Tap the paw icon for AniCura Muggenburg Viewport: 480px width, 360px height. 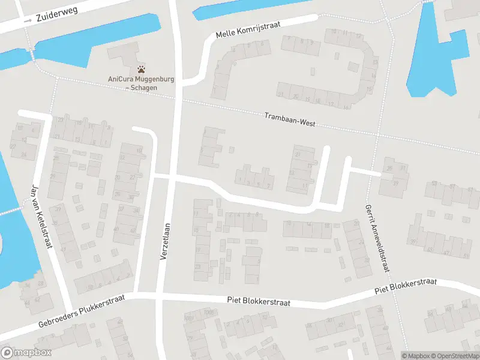[141, 70]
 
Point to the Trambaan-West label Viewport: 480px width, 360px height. [290, 120]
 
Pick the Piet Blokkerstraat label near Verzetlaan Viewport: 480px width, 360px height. [258, 302]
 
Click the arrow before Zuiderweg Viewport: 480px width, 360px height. [28, 20]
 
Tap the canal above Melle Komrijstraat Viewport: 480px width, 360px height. [252, 8]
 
